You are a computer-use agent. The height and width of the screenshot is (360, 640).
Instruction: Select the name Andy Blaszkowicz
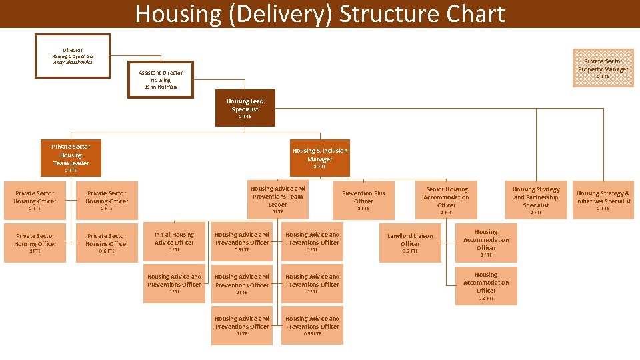[73, 63]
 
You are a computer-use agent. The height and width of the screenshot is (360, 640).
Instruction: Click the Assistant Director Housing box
[160, 79]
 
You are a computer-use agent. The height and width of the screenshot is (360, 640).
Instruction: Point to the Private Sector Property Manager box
[603, 67]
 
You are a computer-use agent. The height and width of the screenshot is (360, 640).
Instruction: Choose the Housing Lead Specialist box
[245, 108]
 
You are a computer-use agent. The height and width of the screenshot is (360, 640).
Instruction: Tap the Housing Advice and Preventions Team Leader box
[277, 199]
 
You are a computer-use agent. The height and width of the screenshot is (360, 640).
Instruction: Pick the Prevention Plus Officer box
[363, 199]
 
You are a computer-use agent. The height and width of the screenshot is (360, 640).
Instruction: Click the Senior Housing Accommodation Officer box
[446, 199]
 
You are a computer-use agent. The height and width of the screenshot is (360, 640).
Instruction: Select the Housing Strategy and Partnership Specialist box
[536, 199]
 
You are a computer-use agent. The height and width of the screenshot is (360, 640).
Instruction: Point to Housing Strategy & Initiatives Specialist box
[603, 199]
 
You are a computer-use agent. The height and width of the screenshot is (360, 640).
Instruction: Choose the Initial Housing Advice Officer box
[174, 241]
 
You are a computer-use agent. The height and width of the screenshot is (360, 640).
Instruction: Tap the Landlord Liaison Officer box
[410, 241]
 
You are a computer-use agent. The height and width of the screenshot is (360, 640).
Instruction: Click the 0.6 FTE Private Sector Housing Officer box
[107, 241]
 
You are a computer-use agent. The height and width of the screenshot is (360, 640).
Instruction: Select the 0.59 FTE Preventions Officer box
[313, 325]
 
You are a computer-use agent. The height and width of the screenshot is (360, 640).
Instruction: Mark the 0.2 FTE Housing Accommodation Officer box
[486, 285]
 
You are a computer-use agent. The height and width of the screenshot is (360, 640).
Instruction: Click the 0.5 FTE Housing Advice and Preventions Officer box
[242, 241]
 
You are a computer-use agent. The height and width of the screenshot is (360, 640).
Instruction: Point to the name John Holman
[160, 87]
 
